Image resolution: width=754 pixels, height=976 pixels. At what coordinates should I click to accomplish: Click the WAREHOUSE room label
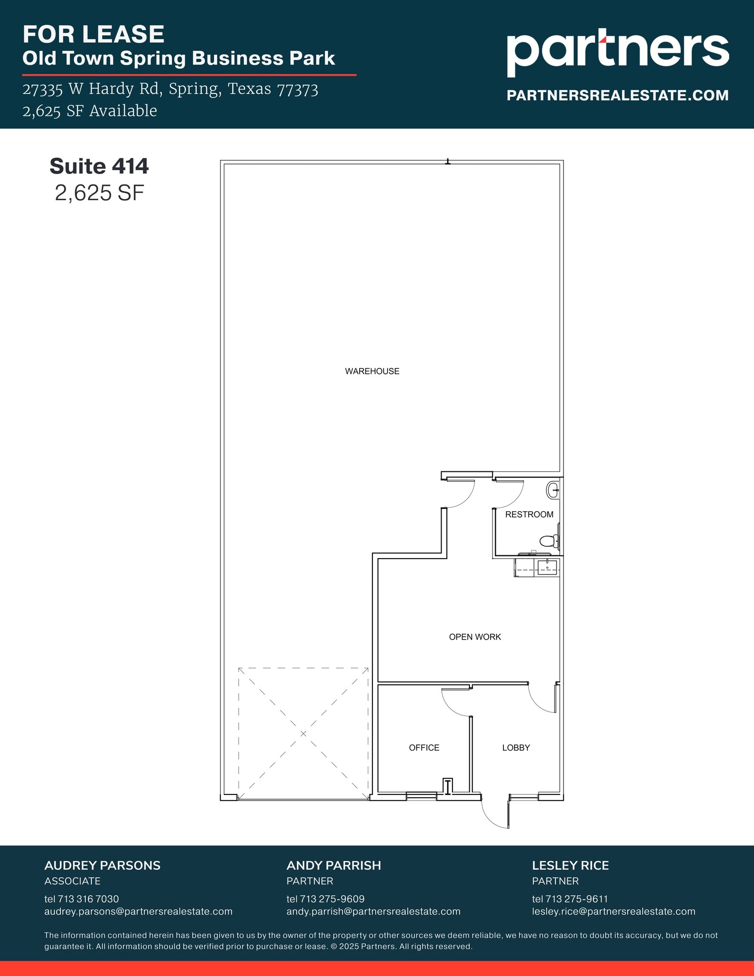click(372, 371)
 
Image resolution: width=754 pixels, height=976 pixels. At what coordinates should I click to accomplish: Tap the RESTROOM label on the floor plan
click(529, 514)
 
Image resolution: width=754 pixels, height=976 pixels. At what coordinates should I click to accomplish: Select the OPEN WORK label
click(475, 637)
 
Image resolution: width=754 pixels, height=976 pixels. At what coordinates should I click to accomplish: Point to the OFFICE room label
click(424, 748)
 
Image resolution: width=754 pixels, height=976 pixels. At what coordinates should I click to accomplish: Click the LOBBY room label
click(516, 748)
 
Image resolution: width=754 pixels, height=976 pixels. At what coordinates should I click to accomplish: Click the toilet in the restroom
click(549, 541)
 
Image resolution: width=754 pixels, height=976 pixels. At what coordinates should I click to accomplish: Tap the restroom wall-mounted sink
click(553, 490)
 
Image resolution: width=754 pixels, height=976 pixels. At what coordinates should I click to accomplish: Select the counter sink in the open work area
click(547, 568)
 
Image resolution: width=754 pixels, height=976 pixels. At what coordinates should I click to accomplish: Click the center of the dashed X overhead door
click(303, 733)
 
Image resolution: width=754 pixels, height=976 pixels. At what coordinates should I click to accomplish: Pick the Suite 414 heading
click(99, 166)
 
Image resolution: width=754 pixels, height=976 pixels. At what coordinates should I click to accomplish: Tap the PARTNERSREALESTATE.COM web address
click(617, 95)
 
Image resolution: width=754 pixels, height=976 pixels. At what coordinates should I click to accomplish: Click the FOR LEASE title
click(93, 34)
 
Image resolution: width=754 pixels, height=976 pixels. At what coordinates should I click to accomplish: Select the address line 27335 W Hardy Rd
click(170, 89)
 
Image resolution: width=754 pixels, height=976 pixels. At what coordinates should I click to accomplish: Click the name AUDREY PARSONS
click(102, 865)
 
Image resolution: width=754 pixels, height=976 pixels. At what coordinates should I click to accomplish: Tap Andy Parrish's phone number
click(325, 899)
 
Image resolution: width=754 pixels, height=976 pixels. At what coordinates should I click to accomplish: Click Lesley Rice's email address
click(613, 911)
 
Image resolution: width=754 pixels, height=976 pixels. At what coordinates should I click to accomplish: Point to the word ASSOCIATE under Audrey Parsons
click(72, 881)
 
